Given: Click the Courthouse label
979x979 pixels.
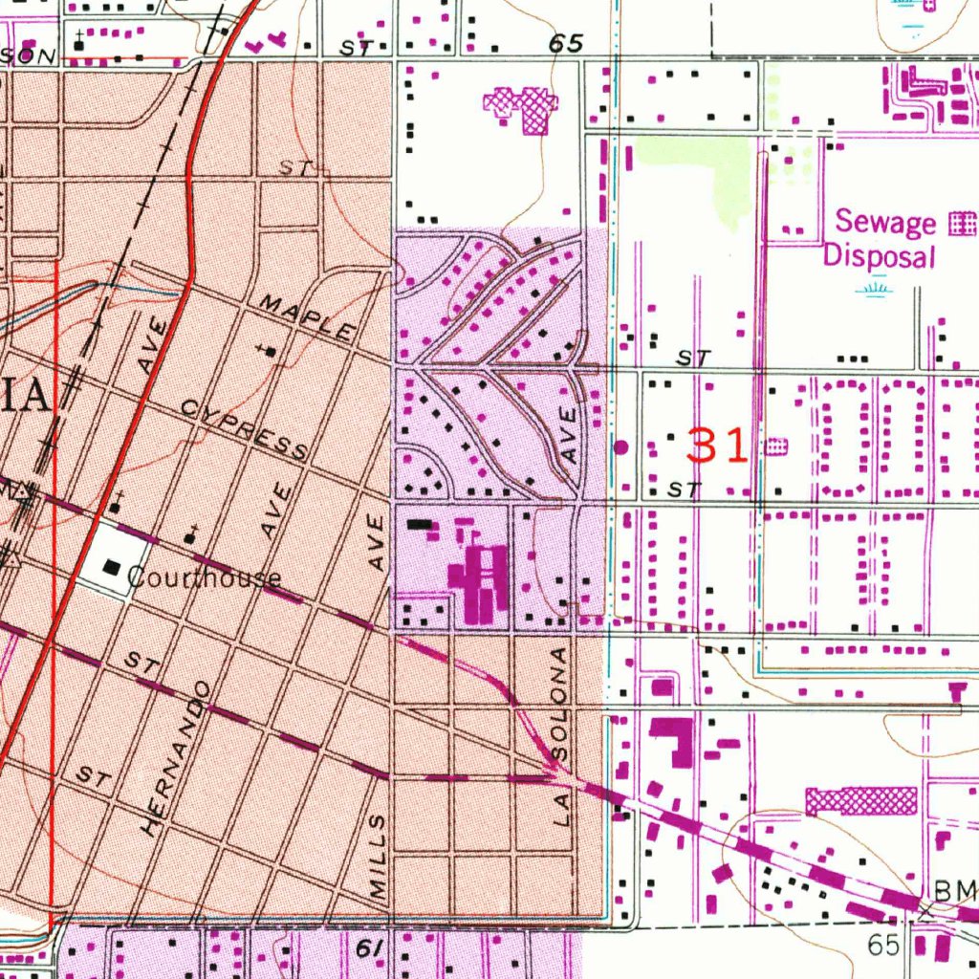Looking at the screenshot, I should tap(204, 577).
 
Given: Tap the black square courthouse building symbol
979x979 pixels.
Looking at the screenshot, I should tap(112, 568).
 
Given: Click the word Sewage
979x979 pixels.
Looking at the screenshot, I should tap(885, 222).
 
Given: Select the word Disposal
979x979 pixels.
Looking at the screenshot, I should tap(878, 256).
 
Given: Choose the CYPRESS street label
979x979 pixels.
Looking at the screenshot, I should tap(245, 430).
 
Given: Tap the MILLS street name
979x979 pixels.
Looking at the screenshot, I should tap(379, 856).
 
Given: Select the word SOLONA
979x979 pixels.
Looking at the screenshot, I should tap(560, 704).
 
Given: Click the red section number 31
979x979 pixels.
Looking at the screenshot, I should tap(717, 446).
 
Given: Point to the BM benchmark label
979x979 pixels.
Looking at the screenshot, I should tap(955, 891).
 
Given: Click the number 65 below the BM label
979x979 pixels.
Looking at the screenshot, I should tap(885, 945).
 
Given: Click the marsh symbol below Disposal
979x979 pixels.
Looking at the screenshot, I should tap(871, 287).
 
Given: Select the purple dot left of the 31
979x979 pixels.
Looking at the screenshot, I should tap(621, 446).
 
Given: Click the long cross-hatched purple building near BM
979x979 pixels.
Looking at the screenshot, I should tap(860, 800).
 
